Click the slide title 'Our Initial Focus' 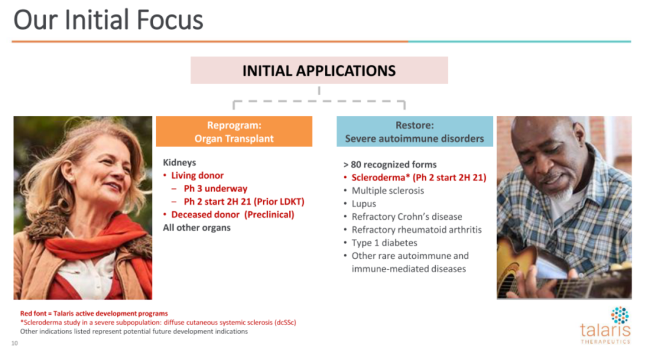click(x=108, y=20)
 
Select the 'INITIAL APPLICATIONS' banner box click(x=319, y=70)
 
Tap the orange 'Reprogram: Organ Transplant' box click(x=234, y=131)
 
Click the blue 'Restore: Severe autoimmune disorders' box click(x=415, y=131)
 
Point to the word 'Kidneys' click(x=179, y=163)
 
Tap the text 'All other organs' click(x=196, y=228)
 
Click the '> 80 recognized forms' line click(x=389, y=165)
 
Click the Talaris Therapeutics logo click(x=605, y=326)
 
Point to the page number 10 click(x=14, y=343)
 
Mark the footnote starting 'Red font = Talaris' click(x=94, y=314)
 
